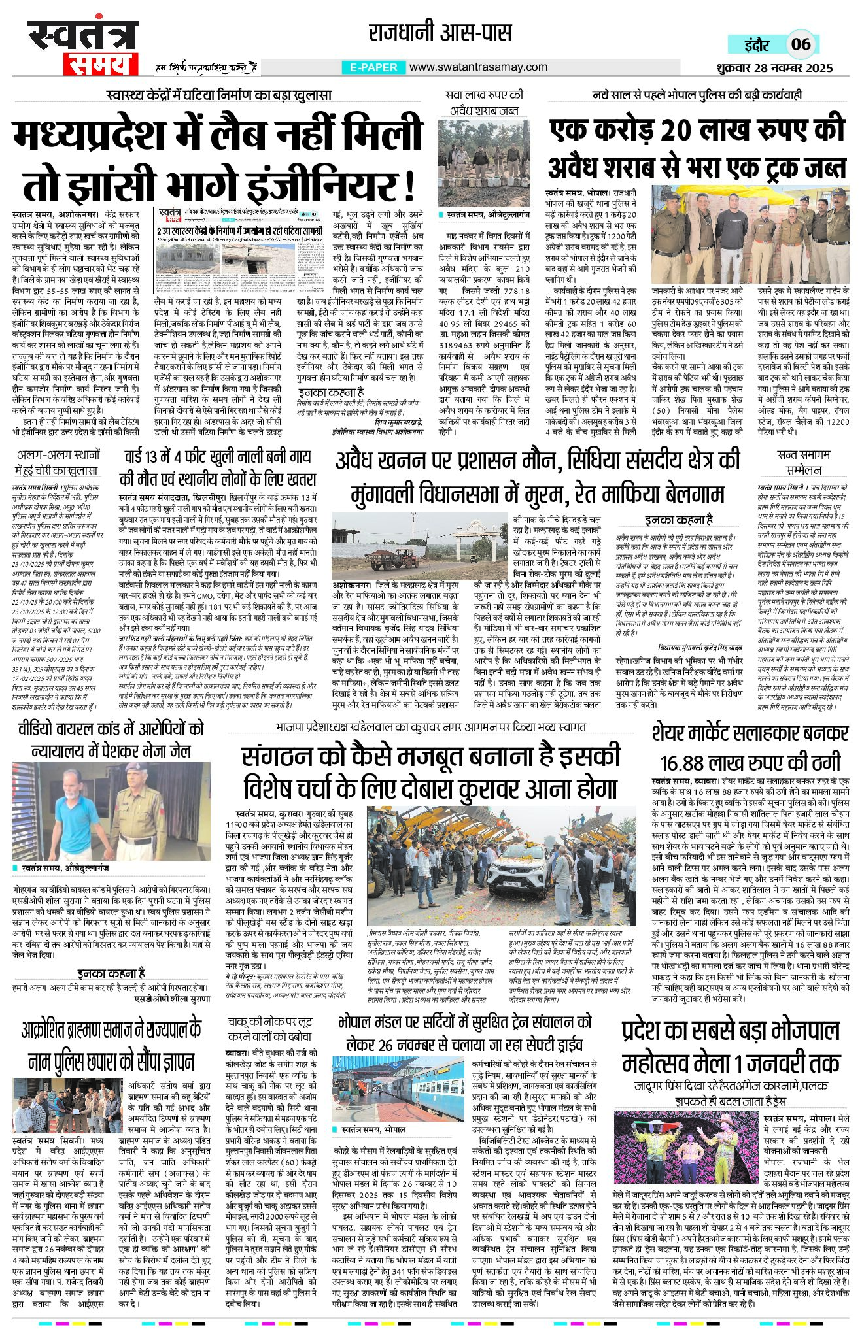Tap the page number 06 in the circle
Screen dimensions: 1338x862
801,44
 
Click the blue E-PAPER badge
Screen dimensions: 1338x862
373,67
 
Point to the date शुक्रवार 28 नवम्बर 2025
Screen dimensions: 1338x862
774,68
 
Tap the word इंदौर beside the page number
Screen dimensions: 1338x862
758,44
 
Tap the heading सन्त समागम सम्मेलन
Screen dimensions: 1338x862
804,461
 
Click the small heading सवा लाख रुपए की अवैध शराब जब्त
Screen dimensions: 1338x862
484,103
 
